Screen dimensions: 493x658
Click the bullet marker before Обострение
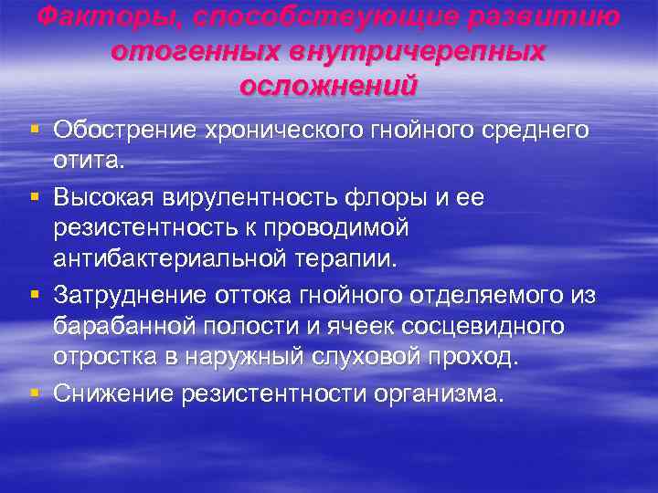coord(34,131)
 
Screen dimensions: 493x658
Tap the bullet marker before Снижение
coord(34,393)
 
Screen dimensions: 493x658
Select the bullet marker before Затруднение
coord(34,295)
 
